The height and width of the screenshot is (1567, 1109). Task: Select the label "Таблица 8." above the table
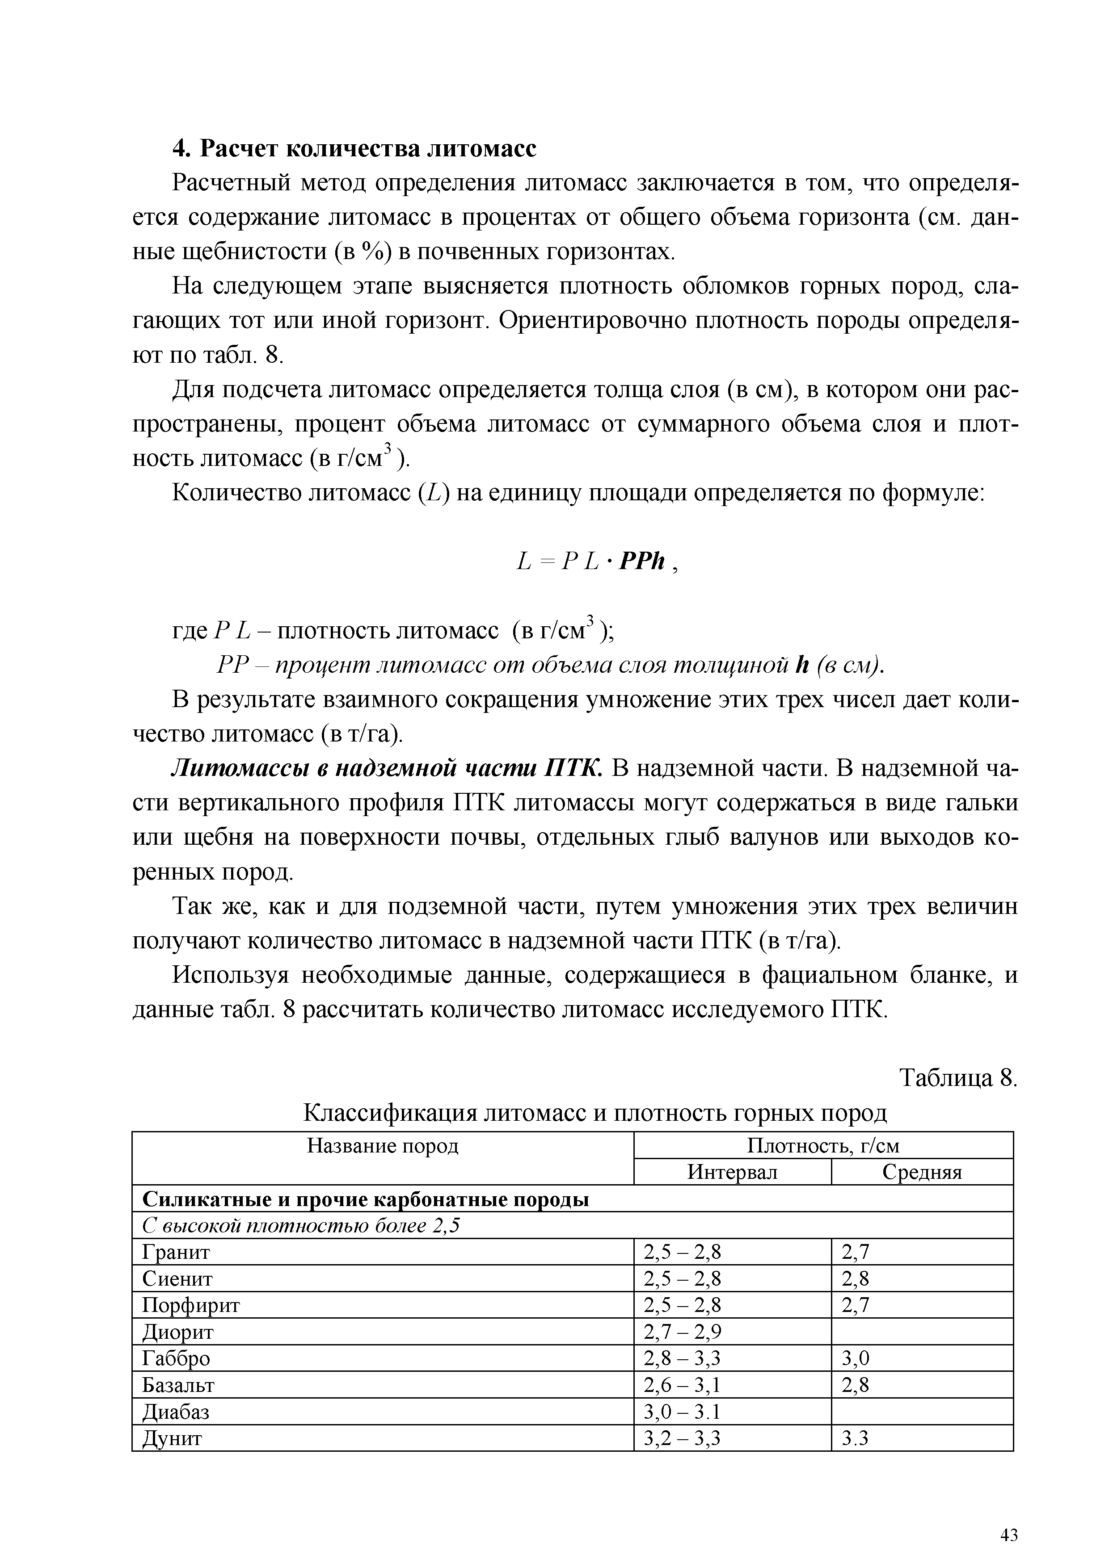tap(958, 1078)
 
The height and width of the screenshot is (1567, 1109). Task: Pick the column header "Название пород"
tap(383, 1146)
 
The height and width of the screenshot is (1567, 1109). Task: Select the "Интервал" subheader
tap(732, 1173)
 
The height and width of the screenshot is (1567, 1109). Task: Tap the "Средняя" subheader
tap(921, 1173)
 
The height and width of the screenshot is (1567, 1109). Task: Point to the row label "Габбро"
tap(176, 1359)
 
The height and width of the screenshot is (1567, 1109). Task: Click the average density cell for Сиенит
tap(855, 1279)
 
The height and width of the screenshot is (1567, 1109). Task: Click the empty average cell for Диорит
tap(921, 1332)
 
